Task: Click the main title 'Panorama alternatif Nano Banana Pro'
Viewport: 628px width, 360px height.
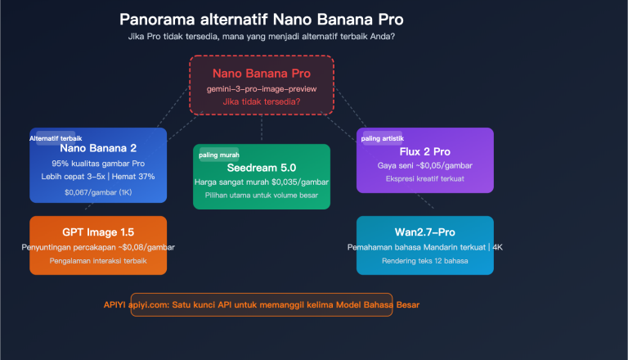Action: pyautogui.click(x=261, y=19)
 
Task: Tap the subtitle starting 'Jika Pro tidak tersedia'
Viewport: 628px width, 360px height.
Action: pyautogui.click(x=261, y=37)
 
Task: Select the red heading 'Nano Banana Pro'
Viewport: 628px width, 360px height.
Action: pyautogui.click(x=261, y=73)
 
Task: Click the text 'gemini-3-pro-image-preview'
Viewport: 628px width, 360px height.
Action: pyautogui.click(x=261, y=88)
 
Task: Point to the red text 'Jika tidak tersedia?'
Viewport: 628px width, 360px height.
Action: pyautogui.click(x=261, y=101)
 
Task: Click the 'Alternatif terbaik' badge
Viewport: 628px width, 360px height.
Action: pyautogui.click(x=56, y=138)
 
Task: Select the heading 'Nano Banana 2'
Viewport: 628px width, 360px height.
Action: pyautogui.click(x=97, y=149)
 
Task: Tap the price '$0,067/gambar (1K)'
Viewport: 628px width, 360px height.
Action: pyautogui.click(x=97, y=193)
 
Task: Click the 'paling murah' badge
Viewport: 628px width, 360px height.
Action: pyautogui.click(x=218, y=155)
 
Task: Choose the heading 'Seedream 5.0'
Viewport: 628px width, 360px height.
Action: pyautogui.click(x=261, y=167)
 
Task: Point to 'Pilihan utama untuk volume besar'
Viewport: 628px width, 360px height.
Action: pyautogui.click(x=261, y=196)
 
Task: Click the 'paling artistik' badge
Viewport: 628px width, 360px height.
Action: pyautogui.click(x=383, y=138)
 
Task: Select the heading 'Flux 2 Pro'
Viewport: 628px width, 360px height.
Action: pyautogui.click(x=424, y=151)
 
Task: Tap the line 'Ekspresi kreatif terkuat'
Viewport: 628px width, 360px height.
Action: pyautogui.click(x=424, y=179)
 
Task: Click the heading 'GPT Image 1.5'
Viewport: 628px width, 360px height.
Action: pyautogui.click(x=97, y=232)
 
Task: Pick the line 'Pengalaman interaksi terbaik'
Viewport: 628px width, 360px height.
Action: pyautogui.click(x=97, y=261)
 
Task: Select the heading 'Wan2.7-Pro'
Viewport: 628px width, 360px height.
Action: pyautogui.click(x=424, y=232)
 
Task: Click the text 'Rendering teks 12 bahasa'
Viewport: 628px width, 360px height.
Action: pyautogui.click(x=424, y=261)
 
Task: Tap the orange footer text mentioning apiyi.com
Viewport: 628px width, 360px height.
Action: pyautogui.click(x=262, y=304)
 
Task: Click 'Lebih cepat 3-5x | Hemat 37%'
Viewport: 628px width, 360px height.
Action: pyautogui.click(x=97, y=177)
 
